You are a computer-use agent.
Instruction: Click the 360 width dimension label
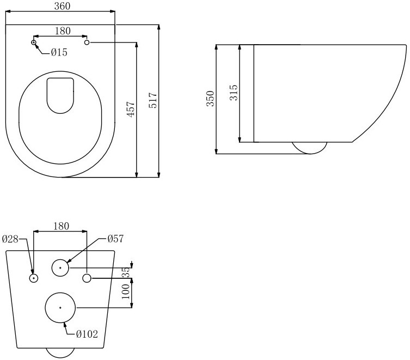[62, 6]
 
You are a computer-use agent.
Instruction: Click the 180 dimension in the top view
[63, 31]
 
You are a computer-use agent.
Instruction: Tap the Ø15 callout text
[59, 53]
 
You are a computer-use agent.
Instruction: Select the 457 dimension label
[131, 109]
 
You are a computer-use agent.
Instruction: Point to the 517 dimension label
[152, 100]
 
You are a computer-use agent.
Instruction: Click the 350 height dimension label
[211, 99]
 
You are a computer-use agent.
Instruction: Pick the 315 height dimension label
[234, 93]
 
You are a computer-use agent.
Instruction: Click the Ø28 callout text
[10, 239]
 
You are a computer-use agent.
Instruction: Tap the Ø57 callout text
[115, 239]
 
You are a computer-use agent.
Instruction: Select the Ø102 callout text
[87, 334]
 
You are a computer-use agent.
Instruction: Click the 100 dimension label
[126, 292]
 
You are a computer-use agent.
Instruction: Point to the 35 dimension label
[126, 272]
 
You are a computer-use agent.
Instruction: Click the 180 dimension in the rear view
[61, 226]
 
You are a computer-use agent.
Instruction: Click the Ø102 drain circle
[60, 293]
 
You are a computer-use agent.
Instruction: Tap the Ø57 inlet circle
[60, 260]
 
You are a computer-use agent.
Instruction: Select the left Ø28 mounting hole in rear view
[34, 273]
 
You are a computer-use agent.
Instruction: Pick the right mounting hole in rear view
[87, 273]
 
